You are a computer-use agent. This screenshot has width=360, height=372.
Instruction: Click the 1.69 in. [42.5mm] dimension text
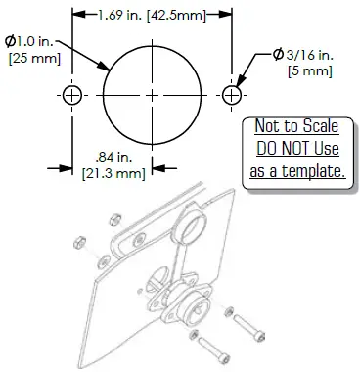[153, 17]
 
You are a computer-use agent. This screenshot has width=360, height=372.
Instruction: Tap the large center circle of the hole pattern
[153, 95]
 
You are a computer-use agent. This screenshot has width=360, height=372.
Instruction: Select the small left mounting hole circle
[73, 95]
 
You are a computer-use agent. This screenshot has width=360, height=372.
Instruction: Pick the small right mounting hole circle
[233, 95]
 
